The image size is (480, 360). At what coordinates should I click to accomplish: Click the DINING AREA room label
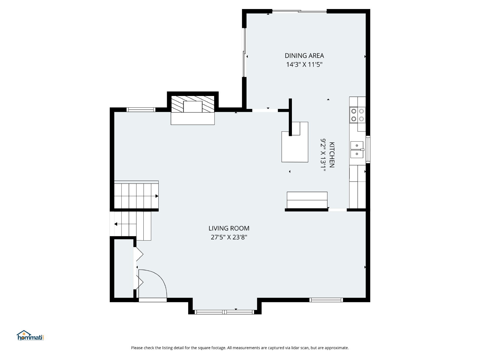[304, 56]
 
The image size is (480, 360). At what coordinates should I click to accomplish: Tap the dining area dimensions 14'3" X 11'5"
[304, 64]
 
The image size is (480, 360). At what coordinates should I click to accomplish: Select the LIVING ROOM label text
[229, 228]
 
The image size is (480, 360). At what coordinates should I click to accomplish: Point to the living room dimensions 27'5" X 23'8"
[229, 237]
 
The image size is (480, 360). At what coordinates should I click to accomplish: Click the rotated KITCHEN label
[332, 155]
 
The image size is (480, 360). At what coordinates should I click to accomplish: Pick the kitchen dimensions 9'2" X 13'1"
[323, 155]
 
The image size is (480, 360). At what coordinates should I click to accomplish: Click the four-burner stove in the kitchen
[357, 115]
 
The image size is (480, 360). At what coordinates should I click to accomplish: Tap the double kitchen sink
[357, 150]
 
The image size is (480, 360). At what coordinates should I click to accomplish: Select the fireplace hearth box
[192, 118]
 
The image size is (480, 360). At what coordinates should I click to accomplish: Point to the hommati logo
[30, 335]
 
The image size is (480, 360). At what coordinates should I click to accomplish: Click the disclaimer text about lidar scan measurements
[240, 348]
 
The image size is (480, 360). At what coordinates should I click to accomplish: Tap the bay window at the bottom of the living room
[224, 312]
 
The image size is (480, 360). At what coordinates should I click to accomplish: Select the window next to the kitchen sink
[368, 149]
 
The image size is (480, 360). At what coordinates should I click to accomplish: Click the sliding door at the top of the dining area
[299, 11]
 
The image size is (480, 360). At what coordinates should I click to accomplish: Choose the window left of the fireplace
[141, 110]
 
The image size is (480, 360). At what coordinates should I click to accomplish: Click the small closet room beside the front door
[124, 268]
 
